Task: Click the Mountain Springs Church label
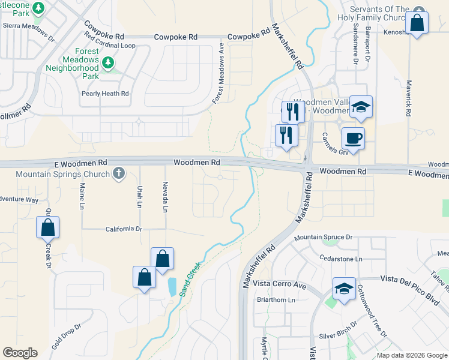click(x=62, y=174)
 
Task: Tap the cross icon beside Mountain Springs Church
click(x=119, y=174)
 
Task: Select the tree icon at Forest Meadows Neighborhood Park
click(x=108, y=62)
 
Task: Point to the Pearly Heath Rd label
click(x=105, y=94)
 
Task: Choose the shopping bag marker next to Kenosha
click(x=416, y=24)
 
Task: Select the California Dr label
click(x=123, y=229)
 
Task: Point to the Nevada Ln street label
click(x=165, y=197)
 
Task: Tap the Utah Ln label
click(x=140, y=197)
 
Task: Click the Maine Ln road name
click(x=82, y=197)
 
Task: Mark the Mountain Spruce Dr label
click(x=323, y=238)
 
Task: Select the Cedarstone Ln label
click(x=342, y=259)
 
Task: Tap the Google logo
click(x=20, y=353)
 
